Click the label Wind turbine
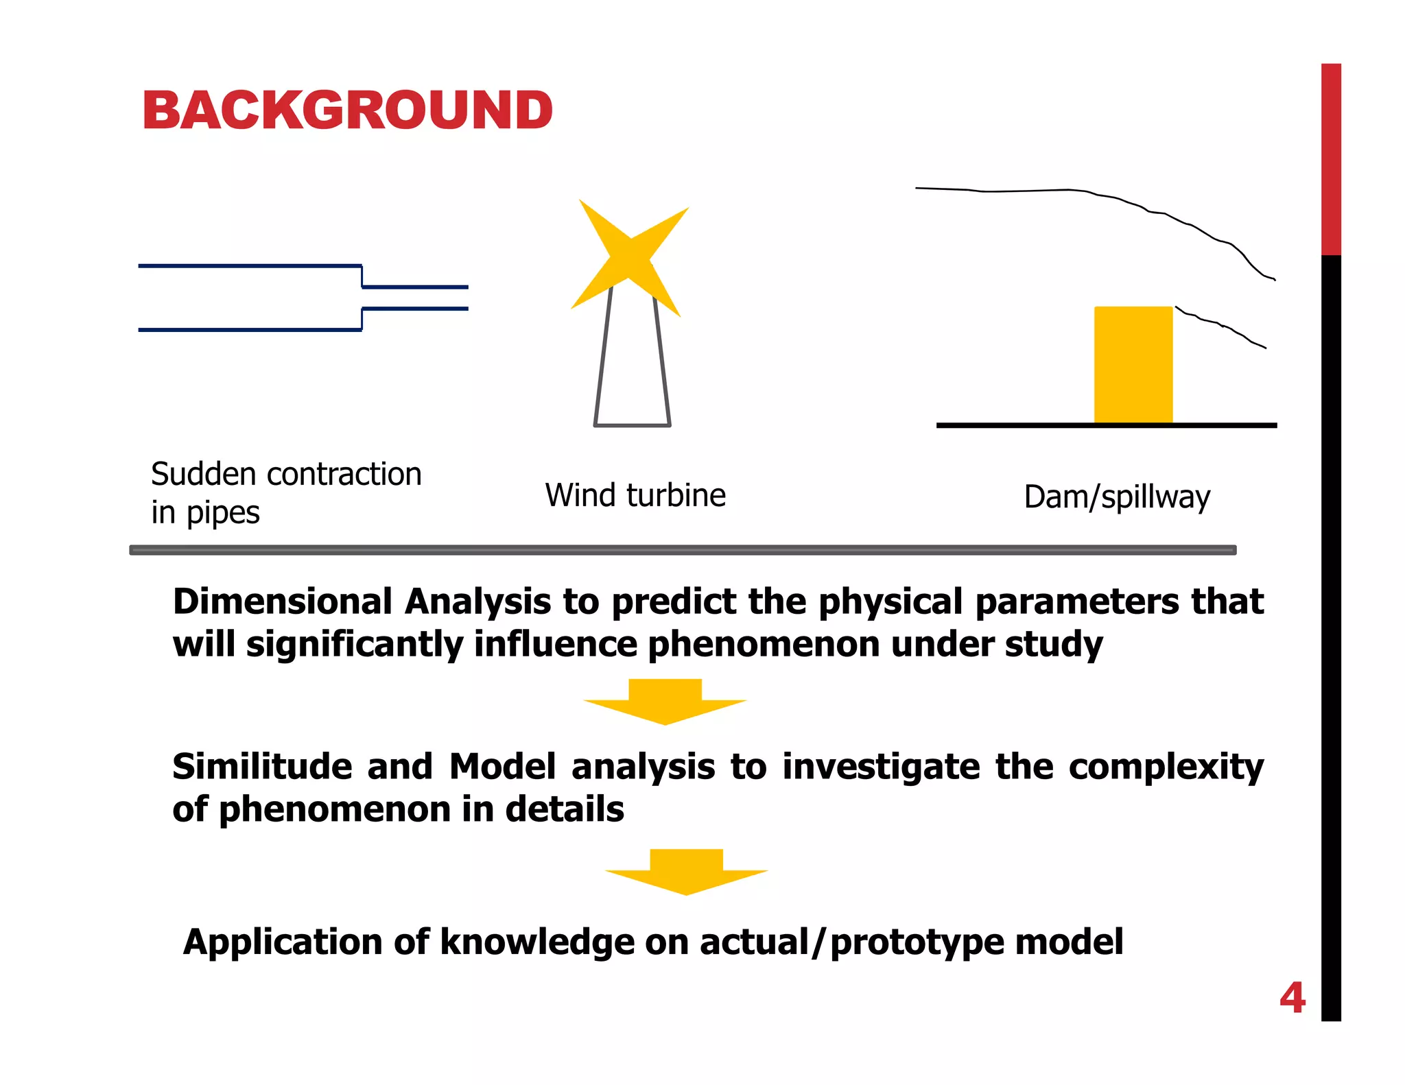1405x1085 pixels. (x=635, y=495)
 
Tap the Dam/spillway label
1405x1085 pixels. (x=1117, y=497)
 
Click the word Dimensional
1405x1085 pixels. (x=283, y=601)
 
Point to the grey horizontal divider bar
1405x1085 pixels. (x=683, y=550)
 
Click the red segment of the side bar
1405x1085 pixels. (x=1330, y=158)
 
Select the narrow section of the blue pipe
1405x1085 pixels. (x=415, y=298)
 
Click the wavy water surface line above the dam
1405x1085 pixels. (x=1098, y=194)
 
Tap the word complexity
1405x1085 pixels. (x=1166, y=766)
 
